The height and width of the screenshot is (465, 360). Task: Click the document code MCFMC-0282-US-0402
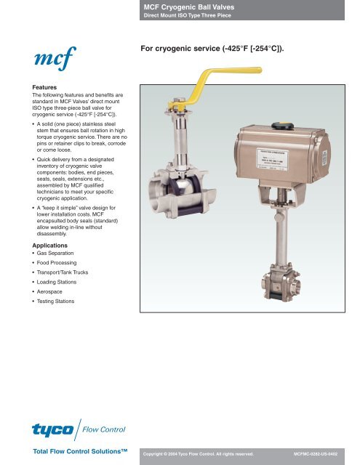(324, 453)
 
